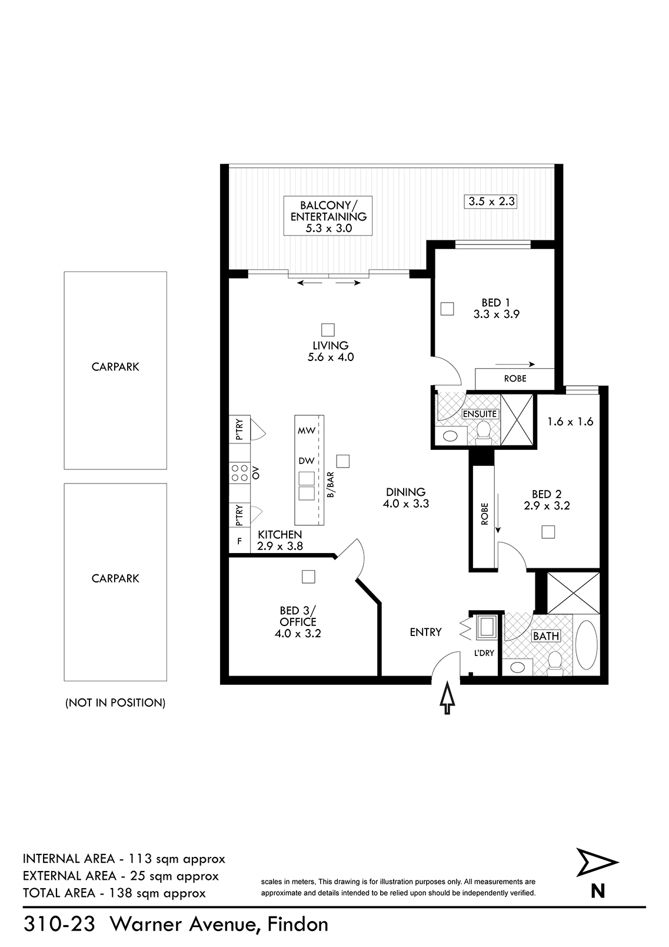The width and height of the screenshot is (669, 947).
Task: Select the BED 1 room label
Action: pyautogui.click(x=496, y=308)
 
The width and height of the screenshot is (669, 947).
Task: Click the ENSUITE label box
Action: pyautogui.click(x=480, y=413)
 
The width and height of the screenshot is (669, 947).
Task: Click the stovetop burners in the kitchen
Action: pyautogui.click(x=239, y=473)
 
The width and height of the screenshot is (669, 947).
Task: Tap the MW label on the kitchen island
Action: pyautogui.click(x=307, y=431)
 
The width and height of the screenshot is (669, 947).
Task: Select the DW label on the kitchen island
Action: pyautogui.click(x=307, y=461)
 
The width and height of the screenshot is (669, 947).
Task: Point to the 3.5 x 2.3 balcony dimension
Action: pyautogui.click(x=492, y=201)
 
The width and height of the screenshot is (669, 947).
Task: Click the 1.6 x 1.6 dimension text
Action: pyautogui.click(x=570, y=422)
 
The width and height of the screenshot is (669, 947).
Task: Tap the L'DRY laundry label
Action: pyautogui.click(x=484, y=653)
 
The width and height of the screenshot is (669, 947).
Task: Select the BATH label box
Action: pyautogui.click(x=546, y=636)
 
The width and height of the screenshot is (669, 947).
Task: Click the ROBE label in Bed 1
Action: pyautogui.click(x=515, y=378)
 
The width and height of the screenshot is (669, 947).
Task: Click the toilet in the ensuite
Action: pyautogui.click(x=482, y=433)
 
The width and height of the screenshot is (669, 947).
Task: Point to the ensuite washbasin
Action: pyautogui.click(x=450, y=435)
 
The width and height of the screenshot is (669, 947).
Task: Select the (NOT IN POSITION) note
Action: pyautogui.click(x=115, y=703)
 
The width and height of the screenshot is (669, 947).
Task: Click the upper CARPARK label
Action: pyautogui.click(x=115, y=366)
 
